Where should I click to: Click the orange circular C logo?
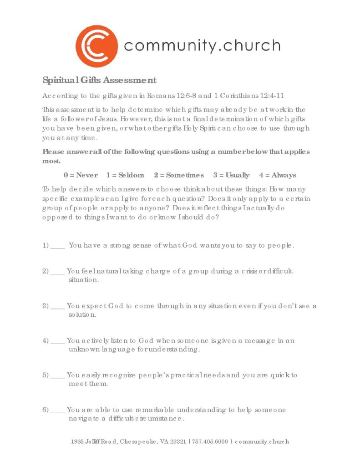point(96,46)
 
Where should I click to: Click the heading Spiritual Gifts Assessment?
point(99,81)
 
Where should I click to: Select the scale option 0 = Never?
point(81,175)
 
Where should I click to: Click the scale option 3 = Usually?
point(231,175)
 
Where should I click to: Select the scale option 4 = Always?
point(278,175)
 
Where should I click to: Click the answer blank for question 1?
point(58,246)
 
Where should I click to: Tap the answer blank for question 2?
point(58,272)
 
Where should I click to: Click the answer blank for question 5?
point(58,376)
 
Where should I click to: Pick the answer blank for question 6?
point(58,411)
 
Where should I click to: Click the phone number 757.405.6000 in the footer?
point(210,442)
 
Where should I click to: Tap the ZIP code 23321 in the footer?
point(178,442)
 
